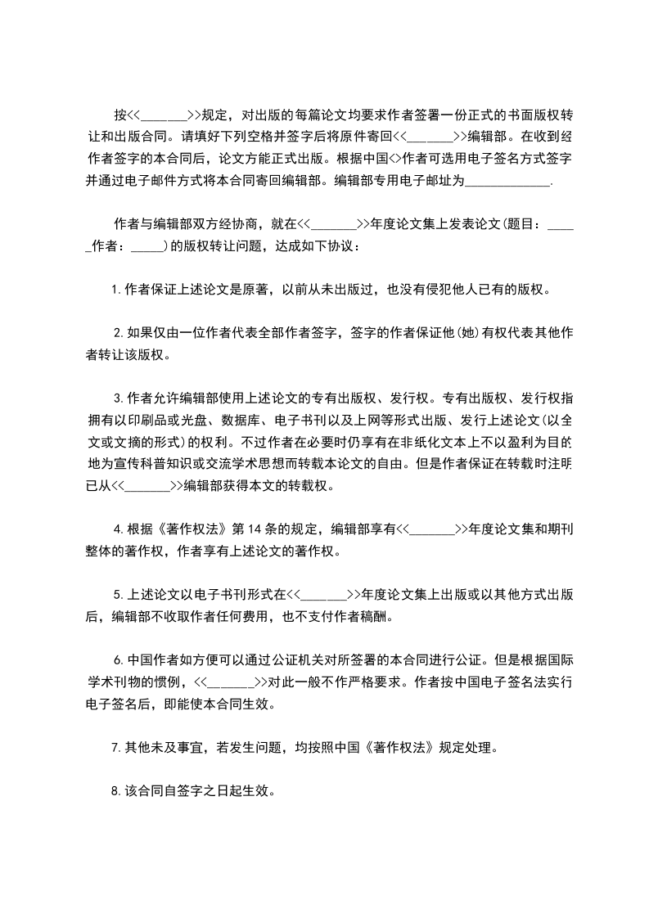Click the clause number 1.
[x=115, y=289]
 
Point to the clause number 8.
[x=115, y=791]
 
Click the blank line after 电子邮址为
[x=508, y=182]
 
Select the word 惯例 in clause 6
[x=170, y=682]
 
